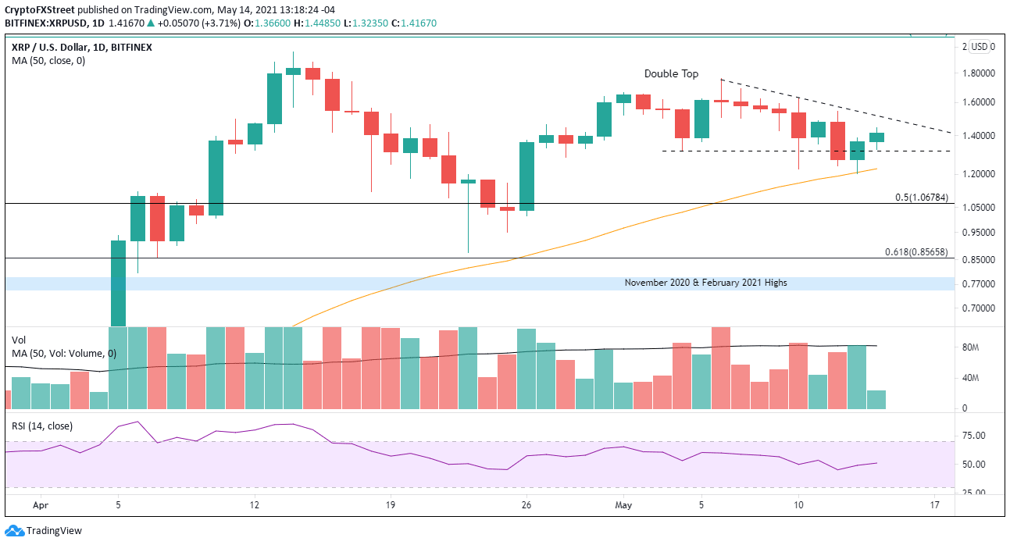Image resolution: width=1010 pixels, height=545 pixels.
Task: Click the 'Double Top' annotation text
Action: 672,73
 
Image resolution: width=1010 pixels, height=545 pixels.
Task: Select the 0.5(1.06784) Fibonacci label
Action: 922,198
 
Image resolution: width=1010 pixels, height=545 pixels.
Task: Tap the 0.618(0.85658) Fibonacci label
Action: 917,252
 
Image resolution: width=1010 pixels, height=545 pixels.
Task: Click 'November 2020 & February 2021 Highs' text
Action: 705,283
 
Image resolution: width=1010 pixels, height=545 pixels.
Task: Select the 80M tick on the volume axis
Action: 971,347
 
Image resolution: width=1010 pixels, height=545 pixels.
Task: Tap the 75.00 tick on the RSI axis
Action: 973,436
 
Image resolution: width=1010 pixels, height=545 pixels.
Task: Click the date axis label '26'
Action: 526,505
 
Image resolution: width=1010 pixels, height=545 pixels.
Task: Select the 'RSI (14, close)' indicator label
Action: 41,426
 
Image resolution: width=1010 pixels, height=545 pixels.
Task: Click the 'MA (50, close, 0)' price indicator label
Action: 48,60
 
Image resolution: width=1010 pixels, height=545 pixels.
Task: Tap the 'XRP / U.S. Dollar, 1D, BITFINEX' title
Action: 81,47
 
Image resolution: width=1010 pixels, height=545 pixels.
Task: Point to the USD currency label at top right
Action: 978,47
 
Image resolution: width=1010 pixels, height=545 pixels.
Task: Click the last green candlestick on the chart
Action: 876,137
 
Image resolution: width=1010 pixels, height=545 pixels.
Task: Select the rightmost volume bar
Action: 876,400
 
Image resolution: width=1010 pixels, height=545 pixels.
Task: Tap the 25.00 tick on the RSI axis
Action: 973,493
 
